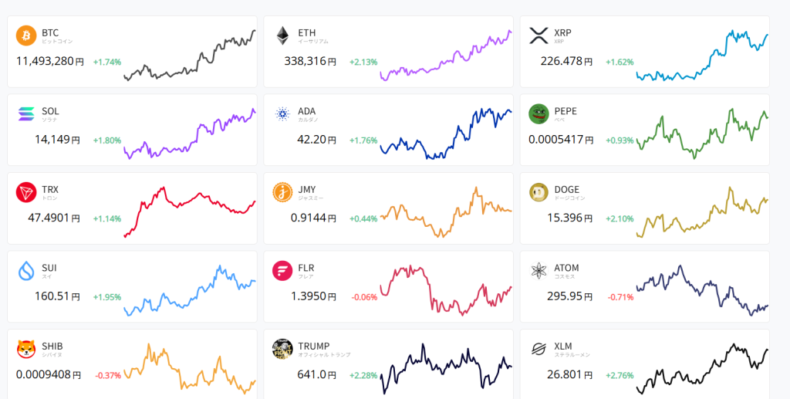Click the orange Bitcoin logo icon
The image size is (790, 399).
pos(26,36)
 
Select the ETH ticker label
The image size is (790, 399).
pos(306,32)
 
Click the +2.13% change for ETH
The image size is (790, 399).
pos(363,62)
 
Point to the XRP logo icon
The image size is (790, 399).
pos(538,36)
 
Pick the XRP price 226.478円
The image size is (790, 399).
pos(565,61)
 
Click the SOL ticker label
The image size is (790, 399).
pos(50,111)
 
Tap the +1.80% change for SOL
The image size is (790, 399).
pos(107,140)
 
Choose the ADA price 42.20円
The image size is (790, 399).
pos(316,140)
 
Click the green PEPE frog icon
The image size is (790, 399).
pos(538,114)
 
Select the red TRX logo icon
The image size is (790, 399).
pos(26,192)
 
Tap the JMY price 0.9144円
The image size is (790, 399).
pos(312,218)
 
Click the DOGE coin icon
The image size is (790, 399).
pos(538,192)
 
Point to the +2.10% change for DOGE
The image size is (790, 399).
pos(620,218)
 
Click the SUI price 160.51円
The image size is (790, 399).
pos(57,296)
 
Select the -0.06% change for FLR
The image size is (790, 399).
pos(363,297)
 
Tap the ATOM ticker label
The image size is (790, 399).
pos(566,268)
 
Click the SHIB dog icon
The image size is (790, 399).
pos(26,349)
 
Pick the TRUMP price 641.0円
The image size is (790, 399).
pos(316,375)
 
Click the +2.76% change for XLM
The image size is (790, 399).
pos(620,376)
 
